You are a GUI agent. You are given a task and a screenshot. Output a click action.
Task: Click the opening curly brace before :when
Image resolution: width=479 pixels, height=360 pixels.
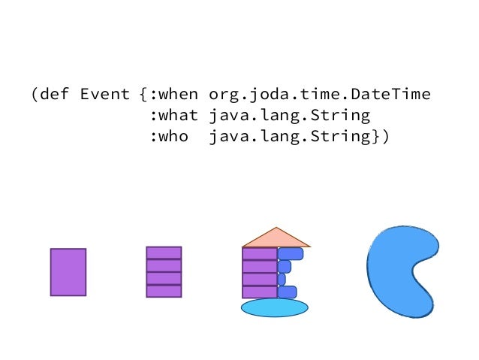[143, 95]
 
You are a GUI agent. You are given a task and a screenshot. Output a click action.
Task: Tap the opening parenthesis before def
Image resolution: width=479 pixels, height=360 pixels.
[35, 95]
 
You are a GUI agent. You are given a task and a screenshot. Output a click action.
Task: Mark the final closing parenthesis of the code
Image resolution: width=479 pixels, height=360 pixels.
[386, 138]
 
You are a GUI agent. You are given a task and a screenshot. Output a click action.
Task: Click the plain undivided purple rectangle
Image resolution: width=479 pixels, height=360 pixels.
[68, 272]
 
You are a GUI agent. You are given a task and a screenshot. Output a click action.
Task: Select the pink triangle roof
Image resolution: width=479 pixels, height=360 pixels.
[276, 237]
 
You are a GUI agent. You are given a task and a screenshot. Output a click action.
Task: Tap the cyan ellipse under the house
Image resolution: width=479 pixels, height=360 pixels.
[274, 307]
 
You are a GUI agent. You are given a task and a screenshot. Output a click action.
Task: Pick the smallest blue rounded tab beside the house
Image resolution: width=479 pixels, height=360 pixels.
[282, 279]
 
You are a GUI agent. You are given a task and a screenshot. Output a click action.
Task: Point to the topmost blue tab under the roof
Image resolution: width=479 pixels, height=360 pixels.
[290, 253]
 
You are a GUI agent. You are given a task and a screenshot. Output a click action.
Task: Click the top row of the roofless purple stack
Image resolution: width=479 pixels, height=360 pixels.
[164, 253]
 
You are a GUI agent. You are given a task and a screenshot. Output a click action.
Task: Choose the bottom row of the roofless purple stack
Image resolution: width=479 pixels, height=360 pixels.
[164, 291]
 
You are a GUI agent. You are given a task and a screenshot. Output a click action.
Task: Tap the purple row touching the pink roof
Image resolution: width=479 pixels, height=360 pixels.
[260, 253]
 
